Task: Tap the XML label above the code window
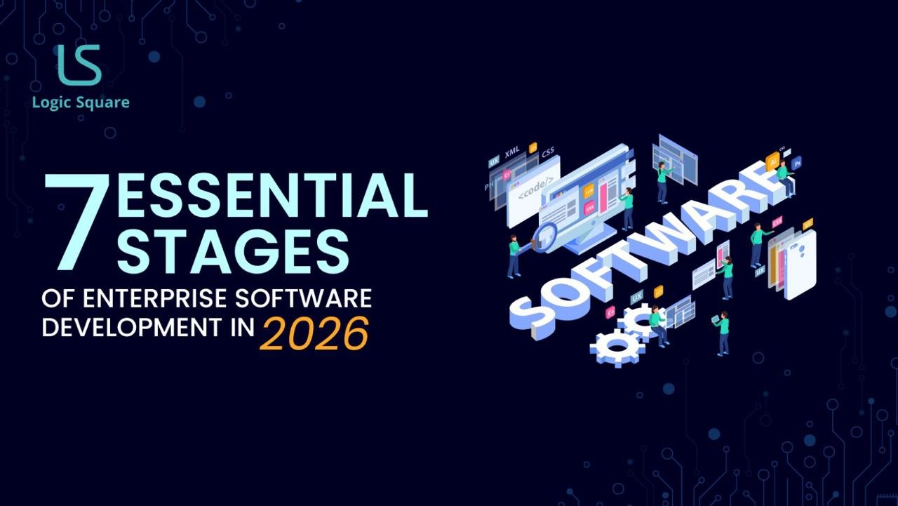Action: click(512, 152)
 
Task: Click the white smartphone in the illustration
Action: click(800, 264)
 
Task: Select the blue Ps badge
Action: click(796, 163)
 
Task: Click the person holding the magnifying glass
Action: click(515, 255)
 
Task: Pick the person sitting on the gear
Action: click(658, 324)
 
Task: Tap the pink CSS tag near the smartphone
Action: click(777, 222)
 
